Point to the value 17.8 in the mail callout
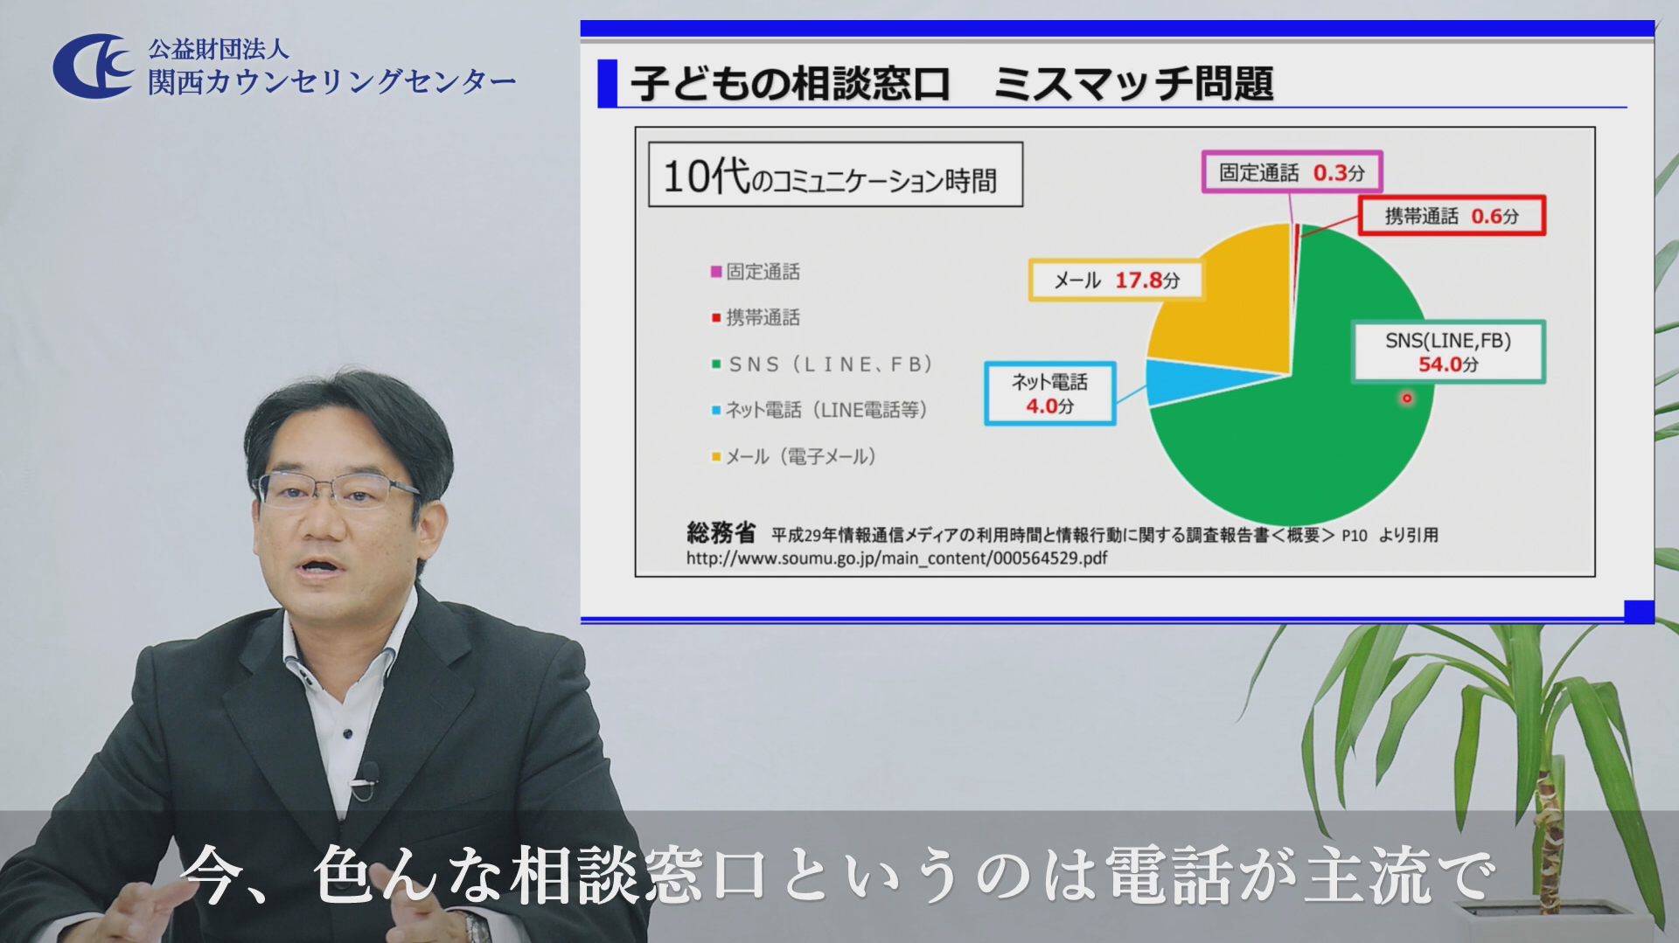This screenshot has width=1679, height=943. coord(1139,281)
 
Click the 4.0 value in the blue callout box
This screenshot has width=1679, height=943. coord(1042,406)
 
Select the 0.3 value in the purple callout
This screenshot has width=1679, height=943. coord(1330,172)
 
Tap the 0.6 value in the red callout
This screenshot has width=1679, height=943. coord(1487,216)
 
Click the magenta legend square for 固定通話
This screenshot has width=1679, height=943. coord(716,272)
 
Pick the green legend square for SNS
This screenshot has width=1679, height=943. coord(716,364)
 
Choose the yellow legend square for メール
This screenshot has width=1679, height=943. coord(716,456)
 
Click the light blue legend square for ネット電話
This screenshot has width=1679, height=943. coord(716,410)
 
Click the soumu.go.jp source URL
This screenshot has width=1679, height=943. coord(896,558)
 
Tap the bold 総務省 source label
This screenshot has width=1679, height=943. coord(721,532)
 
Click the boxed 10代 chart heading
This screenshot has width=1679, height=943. coord(835,175)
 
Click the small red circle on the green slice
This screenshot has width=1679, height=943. coord(1407,399)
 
